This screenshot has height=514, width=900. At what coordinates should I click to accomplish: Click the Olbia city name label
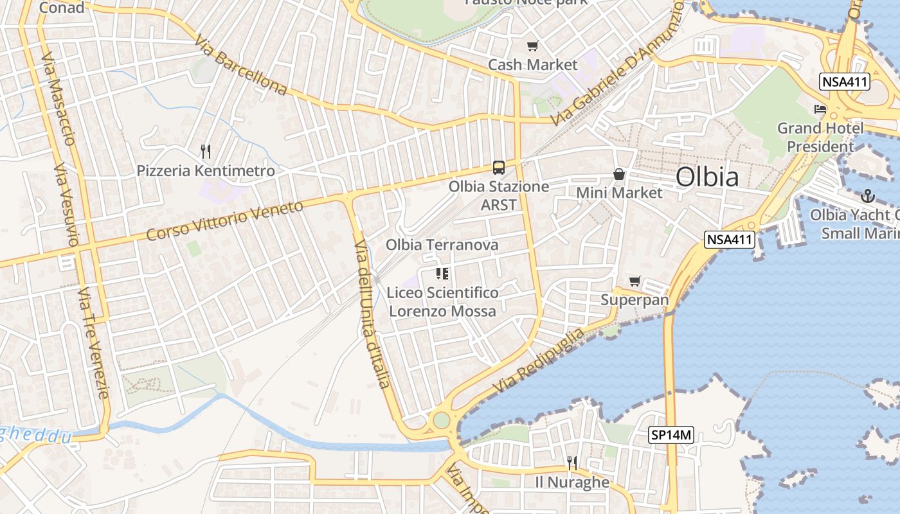707,177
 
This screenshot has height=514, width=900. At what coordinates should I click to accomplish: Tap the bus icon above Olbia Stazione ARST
498,168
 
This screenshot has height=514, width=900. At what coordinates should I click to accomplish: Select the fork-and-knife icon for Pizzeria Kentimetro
206,152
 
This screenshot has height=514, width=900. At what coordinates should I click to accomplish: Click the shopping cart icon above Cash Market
532,46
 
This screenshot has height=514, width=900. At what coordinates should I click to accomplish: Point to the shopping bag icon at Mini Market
618,173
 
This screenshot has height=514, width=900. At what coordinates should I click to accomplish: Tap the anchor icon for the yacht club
868,195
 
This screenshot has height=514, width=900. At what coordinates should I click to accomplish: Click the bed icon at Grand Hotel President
820,109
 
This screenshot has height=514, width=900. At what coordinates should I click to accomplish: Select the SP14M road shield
671,435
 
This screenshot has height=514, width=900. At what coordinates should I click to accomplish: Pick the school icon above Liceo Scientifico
442,274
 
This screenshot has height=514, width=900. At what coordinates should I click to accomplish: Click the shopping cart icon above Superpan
634,281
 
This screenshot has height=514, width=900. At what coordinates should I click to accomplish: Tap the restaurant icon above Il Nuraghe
571,463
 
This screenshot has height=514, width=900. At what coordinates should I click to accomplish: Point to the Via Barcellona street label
241,65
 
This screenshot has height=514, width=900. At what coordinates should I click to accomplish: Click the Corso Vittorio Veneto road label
224,220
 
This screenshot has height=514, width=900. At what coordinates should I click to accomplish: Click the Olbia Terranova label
442,245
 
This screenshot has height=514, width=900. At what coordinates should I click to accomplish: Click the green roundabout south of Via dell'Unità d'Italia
441,420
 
